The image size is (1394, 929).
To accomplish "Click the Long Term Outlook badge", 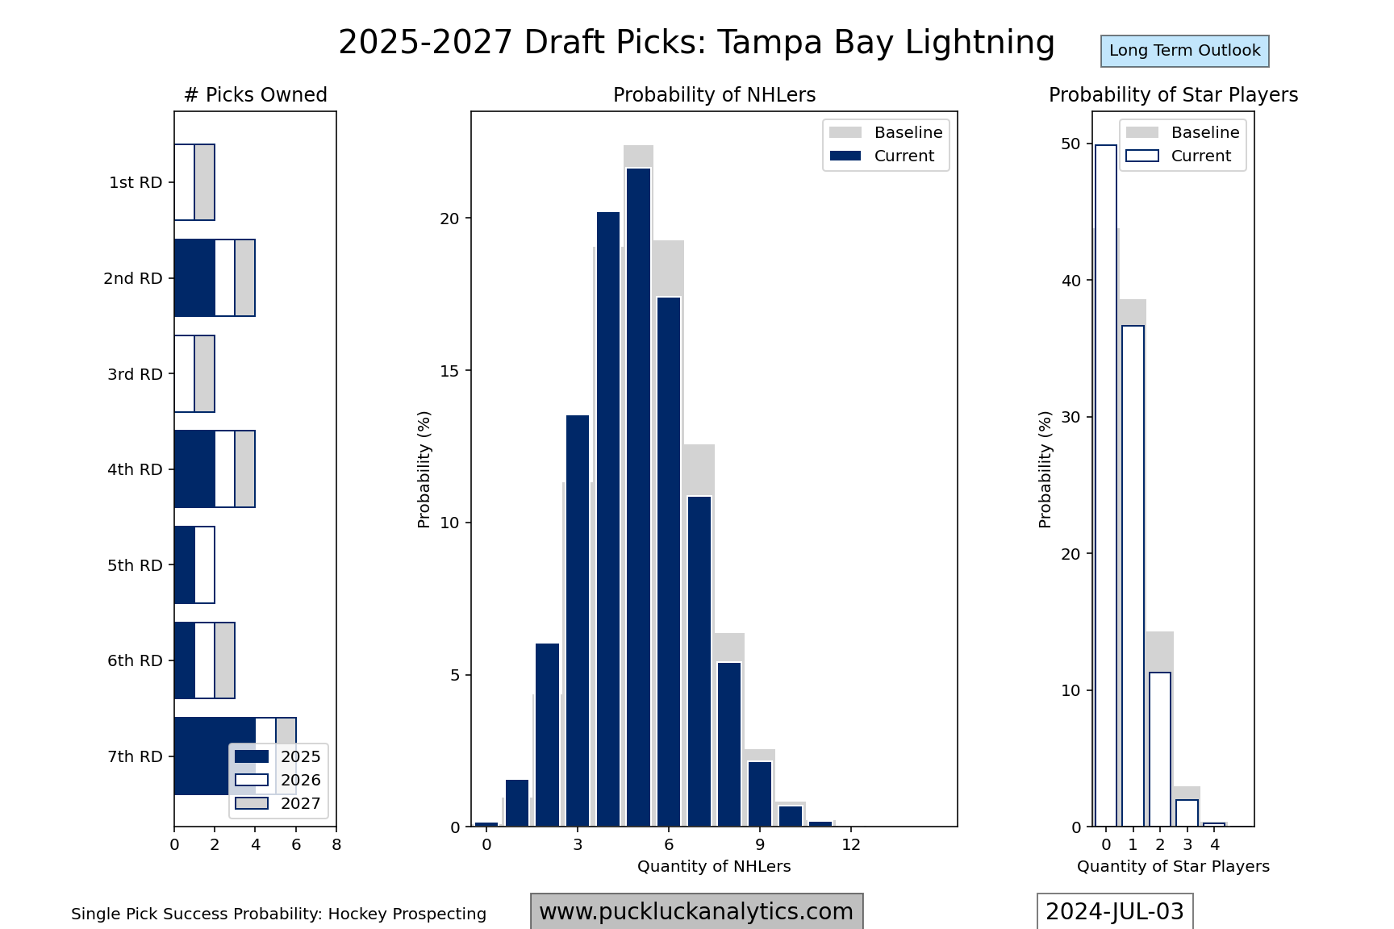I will [x=1184, y=51].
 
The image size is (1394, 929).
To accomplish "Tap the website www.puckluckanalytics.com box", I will [x=696, y=912].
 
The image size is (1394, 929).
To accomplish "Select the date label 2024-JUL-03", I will [x=1114, y=912].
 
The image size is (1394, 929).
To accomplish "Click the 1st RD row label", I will [x=136, y=183].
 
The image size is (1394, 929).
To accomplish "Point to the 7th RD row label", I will [x=135, y=757].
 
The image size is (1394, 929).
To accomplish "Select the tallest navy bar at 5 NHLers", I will [x=638, y=497].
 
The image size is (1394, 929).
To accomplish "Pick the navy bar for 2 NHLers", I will [x=547, y=735].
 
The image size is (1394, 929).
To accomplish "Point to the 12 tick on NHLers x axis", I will [x=851, y=845].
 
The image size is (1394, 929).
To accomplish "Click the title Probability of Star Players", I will [x=1173, y=95].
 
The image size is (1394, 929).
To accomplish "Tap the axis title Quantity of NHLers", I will [x=714, y=867].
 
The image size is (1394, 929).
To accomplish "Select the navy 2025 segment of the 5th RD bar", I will [x=185, y=565].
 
